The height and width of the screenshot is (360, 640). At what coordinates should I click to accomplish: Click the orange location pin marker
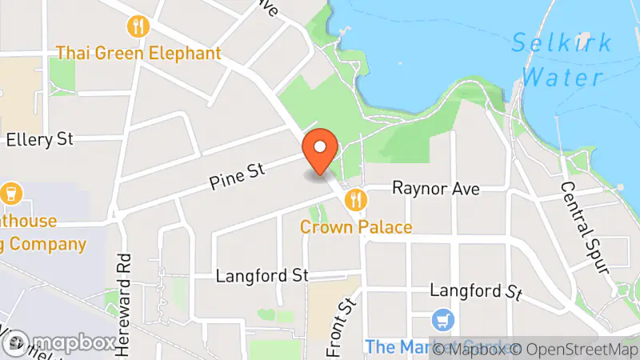(x=321, y=150)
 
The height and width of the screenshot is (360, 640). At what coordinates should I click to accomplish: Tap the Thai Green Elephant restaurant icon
(x=139, y=26)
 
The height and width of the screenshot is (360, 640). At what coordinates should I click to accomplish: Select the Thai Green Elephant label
(x=138, y=54)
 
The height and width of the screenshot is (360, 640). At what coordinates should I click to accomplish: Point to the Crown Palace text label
(x=356, y=227)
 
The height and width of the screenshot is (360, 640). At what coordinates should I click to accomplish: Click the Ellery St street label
(x=39, y=140)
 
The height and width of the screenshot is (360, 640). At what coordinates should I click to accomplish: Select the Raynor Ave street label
(x=435, y=189)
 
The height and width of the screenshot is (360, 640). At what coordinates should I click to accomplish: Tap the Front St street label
(x=341, y=328)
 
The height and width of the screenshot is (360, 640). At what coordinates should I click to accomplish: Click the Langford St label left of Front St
(x=262, y=276)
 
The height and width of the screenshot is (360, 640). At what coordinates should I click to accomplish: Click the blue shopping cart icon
(x=441, y=321)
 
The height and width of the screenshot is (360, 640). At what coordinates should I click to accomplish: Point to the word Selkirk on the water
(x=562, y=42)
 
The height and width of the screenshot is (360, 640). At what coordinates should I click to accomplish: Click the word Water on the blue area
(x=566, y=78)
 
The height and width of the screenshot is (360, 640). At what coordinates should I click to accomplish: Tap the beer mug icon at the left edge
(x=11, y=193)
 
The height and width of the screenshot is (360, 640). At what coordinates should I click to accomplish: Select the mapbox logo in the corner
(x=59, y=342)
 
